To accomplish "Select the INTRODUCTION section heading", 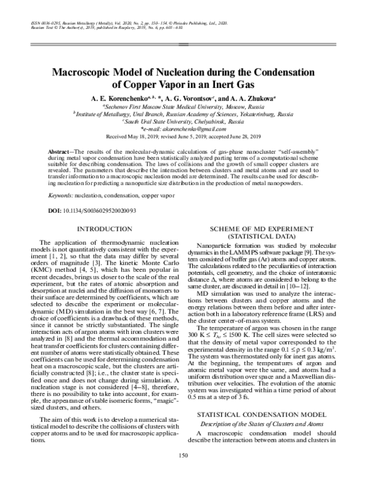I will pyautogui.click(x=101, y=229).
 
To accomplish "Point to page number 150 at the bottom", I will pyautogui.click(x=184, y=473).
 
